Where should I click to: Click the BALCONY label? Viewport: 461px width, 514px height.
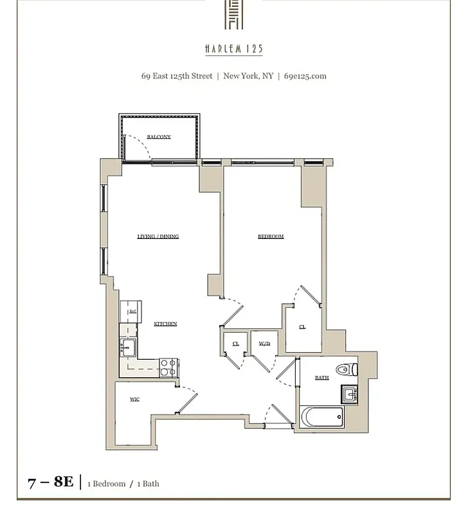tap(159, 137)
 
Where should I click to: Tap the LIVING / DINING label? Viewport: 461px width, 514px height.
tap(158, 236)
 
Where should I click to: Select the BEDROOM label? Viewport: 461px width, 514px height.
tap(271, 236)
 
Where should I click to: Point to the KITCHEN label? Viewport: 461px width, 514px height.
tap(165, 324)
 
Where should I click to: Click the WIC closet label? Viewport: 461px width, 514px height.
tap(135, 399)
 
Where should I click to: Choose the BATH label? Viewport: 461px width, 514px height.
tap(321, 378)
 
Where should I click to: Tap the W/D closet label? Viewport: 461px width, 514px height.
tap(264, 344)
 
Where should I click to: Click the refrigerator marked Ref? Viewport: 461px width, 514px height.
tap(132, 312)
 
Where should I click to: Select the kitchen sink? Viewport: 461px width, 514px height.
tap(126, 349)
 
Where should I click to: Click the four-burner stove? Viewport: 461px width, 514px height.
tap(168, 368)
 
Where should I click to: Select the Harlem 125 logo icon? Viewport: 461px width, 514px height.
tap(233, 14)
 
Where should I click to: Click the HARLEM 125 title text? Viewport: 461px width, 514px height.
tap(233, 49)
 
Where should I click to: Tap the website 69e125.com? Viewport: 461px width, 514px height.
tap(305, 76)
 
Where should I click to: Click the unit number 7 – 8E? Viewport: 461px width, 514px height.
tap(51, 482)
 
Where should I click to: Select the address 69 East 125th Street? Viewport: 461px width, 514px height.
tap(177, 76)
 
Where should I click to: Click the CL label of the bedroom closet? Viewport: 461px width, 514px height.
tap(302, 327)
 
